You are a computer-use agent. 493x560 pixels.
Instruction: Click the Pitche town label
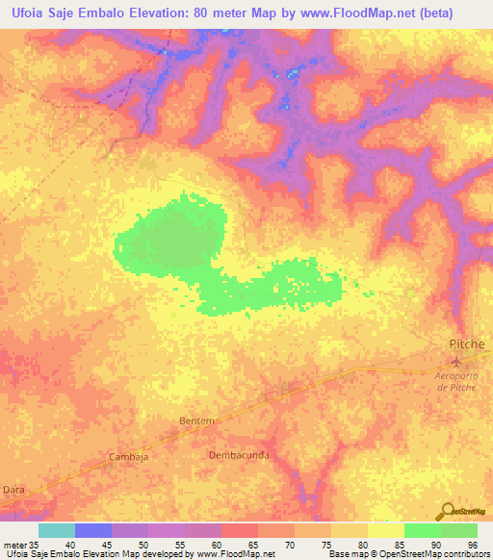[x=467, y=344]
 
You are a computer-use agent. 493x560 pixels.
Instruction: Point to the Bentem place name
[x=195, y=421]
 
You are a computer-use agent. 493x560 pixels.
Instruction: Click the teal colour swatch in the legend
[x=57, y=530]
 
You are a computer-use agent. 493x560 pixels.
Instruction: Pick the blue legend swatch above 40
[x=93, y=530]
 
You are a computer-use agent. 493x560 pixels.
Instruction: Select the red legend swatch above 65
[x=240, y=530]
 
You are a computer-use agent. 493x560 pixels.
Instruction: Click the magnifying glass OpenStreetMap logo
[x=445, y=511]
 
